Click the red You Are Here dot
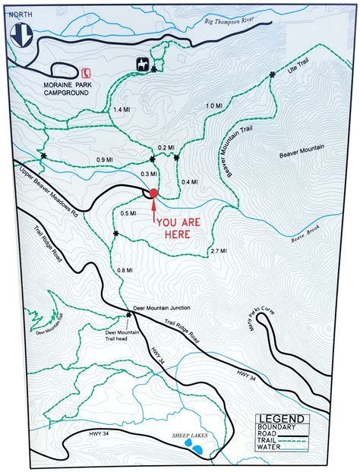coord(153,194)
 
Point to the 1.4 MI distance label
coord(122,110)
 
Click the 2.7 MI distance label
coord(218,250)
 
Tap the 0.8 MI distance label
coord(125,270)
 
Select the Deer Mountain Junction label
coord(161,308)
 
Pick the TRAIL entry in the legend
coord(270,441)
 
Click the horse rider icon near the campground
coord(142,62)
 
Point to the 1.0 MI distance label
coord(214,105)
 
